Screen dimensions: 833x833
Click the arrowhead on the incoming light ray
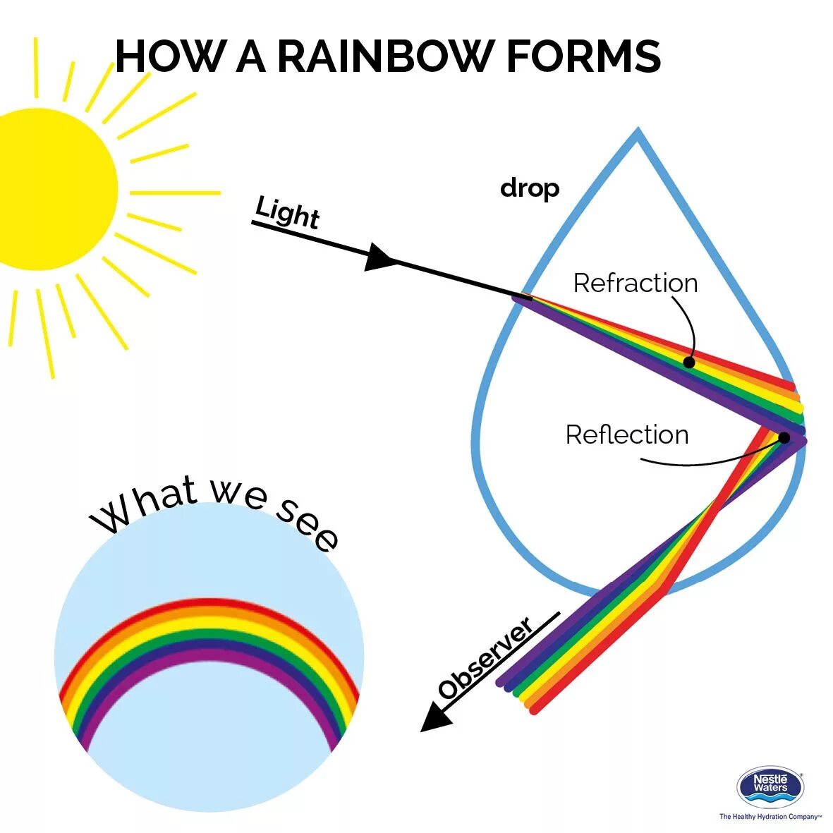coord(379,257)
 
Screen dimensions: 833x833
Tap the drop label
coord(530,188)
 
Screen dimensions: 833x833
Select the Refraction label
coord(635,283)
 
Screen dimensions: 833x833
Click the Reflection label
coord(626,434)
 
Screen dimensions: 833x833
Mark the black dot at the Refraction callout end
coord(689,363)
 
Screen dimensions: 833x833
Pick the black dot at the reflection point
coord(784,437)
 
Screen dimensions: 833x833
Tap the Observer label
coord(485,659)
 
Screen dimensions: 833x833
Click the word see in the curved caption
coord(308,523)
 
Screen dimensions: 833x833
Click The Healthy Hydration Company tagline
coord(770,817)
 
